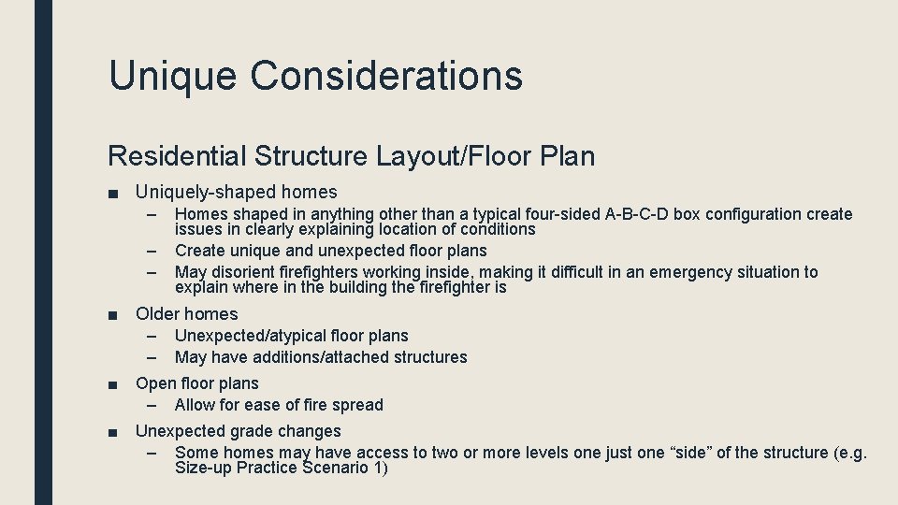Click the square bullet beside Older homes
112,315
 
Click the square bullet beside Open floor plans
112,384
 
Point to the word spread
359,405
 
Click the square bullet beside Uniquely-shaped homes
112,194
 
